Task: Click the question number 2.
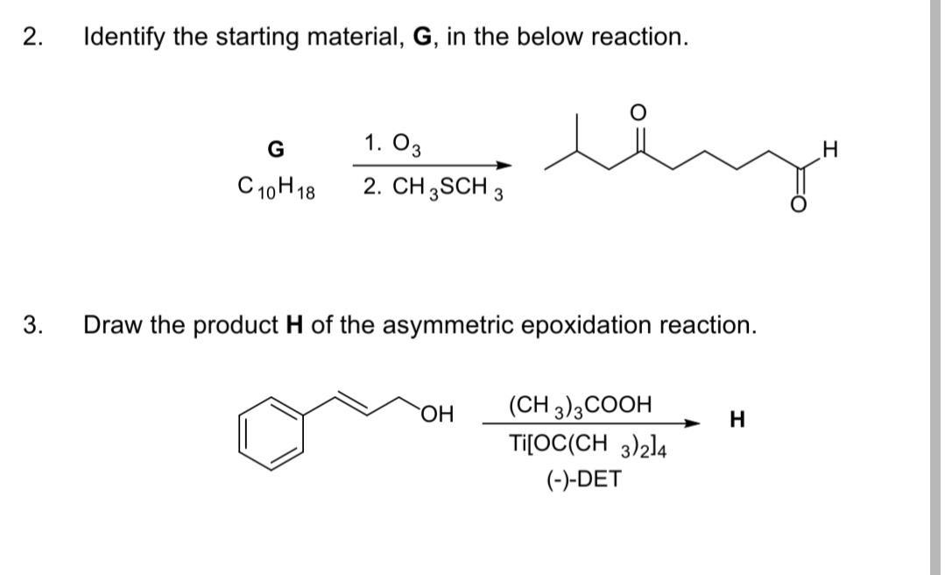tap(32, 38)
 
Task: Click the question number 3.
tap(32, 325)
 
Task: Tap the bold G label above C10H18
tap(275, 150)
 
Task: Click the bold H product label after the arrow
tap(737, 422)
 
